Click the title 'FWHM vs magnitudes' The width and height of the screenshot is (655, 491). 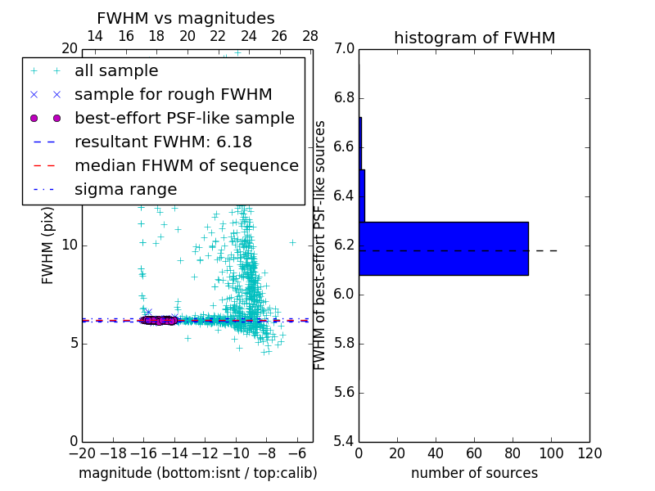tap(185, 19)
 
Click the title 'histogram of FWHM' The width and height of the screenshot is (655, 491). tap(474, 38)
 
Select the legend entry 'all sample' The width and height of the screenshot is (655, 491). tap(116, 71)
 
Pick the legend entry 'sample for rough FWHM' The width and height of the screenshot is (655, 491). tap(173, 94)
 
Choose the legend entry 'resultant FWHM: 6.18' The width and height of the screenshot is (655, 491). tap(163, 142)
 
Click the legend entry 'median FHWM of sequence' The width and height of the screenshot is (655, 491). tap(186, 165)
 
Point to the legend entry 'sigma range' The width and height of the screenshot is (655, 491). tap(125, 190)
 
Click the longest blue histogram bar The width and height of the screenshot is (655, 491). tap(443, 248)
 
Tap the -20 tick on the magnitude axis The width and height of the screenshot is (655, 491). tap(82, 453)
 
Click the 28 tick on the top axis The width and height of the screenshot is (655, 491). tap(310, 36)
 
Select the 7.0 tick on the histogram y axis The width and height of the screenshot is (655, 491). tap(345, 49)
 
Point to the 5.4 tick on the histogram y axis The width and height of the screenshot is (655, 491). tap(345, 441)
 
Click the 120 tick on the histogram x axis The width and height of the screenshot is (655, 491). tap(589, 453)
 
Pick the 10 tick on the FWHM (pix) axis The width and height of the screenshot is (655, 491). tap(69, 245)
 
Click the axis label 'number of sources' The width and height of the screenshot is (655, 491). tap(474, 473)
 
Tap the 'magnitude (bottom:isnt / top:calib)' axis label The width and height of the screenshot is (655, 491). tap(197, 473)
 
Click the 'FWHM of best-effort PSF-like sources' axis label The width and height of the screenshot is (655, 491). tap(320, 245)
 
